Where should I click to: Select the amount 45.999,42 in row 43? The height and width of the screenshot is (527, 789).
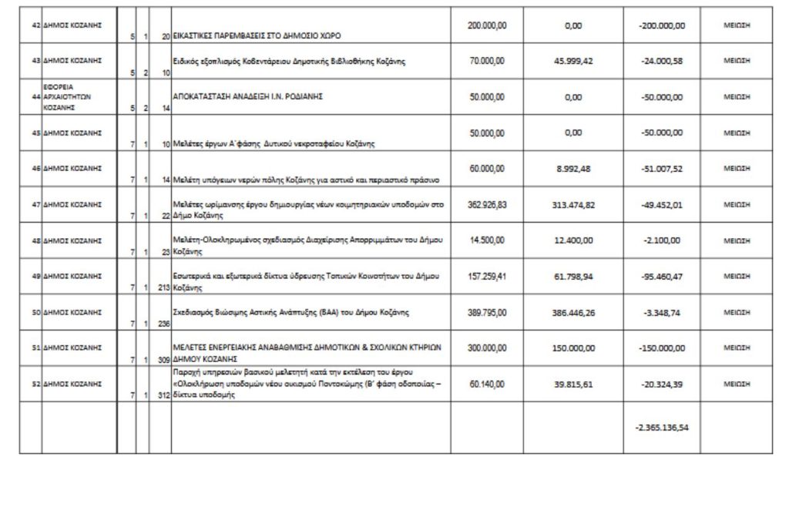tap(572, 61)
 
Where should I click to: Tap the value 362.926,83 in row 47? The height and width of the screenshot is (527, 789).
tap(487, 204)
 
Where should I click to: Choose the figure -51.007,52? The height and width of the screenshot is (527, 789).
tap(661, 169)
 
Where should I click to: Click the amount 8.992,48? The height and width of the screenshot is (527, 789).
tap(572, 169)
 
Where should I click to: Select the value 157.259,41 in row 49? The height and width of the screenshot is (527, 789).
tap(487, 275)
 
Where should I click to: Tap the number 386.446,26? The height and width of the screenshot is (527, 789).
tap(572, 312)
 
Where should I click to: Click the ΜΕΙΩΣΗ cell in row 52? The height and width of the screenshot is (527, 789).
tap(737, 384)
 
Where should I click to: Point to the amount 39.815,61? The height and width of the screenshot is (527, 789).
tap(572, 384)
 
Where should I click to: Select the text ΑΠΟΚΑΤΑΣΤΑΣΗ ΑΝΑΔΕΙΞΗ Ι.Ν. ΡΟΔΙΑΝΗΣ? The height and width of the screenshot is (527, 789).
tap(247, 97)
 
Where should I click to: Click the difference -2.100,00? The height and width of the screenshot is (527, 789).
tap(661, 240)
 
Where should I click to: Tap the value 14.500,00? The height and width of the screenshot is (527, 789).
tap(487, 240)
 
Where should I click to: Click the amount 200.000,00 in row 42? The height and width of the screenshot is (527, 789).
tap(487, 25)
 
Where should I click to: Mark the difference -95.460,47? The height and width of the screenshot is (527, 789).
tap(661, 276)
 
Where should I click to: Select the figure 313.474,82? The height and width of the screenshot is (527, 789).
tap(572, 205)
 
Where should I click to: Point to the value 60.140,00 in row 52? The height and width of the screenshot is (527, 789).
tap(487, 383)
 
